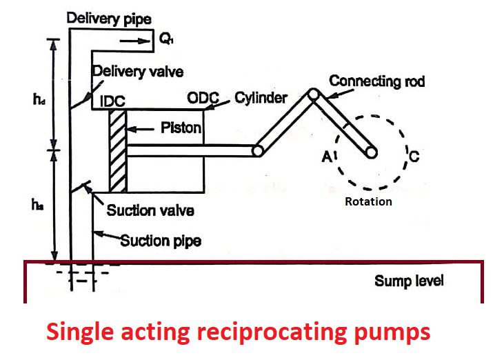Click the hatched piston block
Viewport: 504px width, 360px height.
118,150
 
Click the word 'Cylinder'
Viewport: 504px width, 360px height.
261,98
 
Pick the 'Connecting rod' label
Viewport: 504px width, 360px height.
376,81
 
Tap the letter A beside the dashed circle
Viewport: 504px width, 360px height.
327,157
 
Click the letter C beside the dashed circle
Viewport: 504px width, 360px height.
414,156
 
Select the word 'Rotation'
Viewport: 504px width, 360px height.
369,201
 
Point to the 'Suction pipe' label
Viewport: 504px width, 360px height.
155,241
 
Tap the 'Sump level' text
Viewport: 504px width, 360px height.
409,281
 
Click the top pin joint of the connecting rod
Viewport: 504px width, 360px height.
314,94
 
